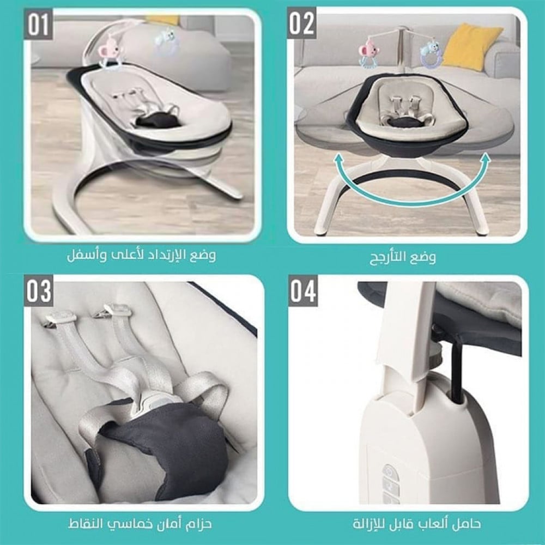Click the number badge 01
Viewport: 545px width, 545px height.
pos(38,26)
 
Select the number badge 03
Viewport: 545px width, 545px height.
pos(39,291)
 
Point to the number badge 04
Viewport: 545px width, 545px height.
pos(303,291)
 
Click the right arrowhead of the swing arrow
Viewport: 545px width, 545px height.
pos(485,159)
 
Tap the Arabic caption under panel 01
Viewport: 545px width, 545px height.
pos(141,255)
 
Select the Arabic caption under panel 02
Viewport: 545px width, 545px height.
pos(403,257)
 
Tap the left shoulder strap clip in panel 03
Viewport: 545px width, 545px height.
pos(62,317)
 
